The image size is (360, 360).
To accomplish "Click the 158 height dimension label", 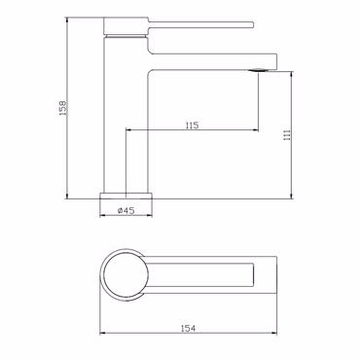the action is pos(63,108).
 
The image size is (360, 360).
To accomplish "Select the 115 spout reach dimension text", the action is pos(192,126).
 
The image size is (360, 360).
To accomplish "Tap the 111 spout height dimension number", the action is pos(287,134).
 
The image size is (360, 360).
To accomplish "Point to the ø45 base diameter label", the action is pos(126,210).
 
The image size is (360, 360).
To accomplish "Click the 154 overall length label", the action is pos(189,328).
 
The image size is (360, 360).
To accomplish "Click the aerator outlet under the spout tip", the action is pos(258,70).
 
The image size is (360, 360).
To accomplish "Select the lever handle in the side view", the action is pos(200,25).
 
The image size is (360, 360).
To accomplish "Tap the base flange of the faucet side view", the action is pos(126,196).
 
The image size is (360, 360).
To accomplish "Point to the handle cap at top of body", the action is pos(126,25).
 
